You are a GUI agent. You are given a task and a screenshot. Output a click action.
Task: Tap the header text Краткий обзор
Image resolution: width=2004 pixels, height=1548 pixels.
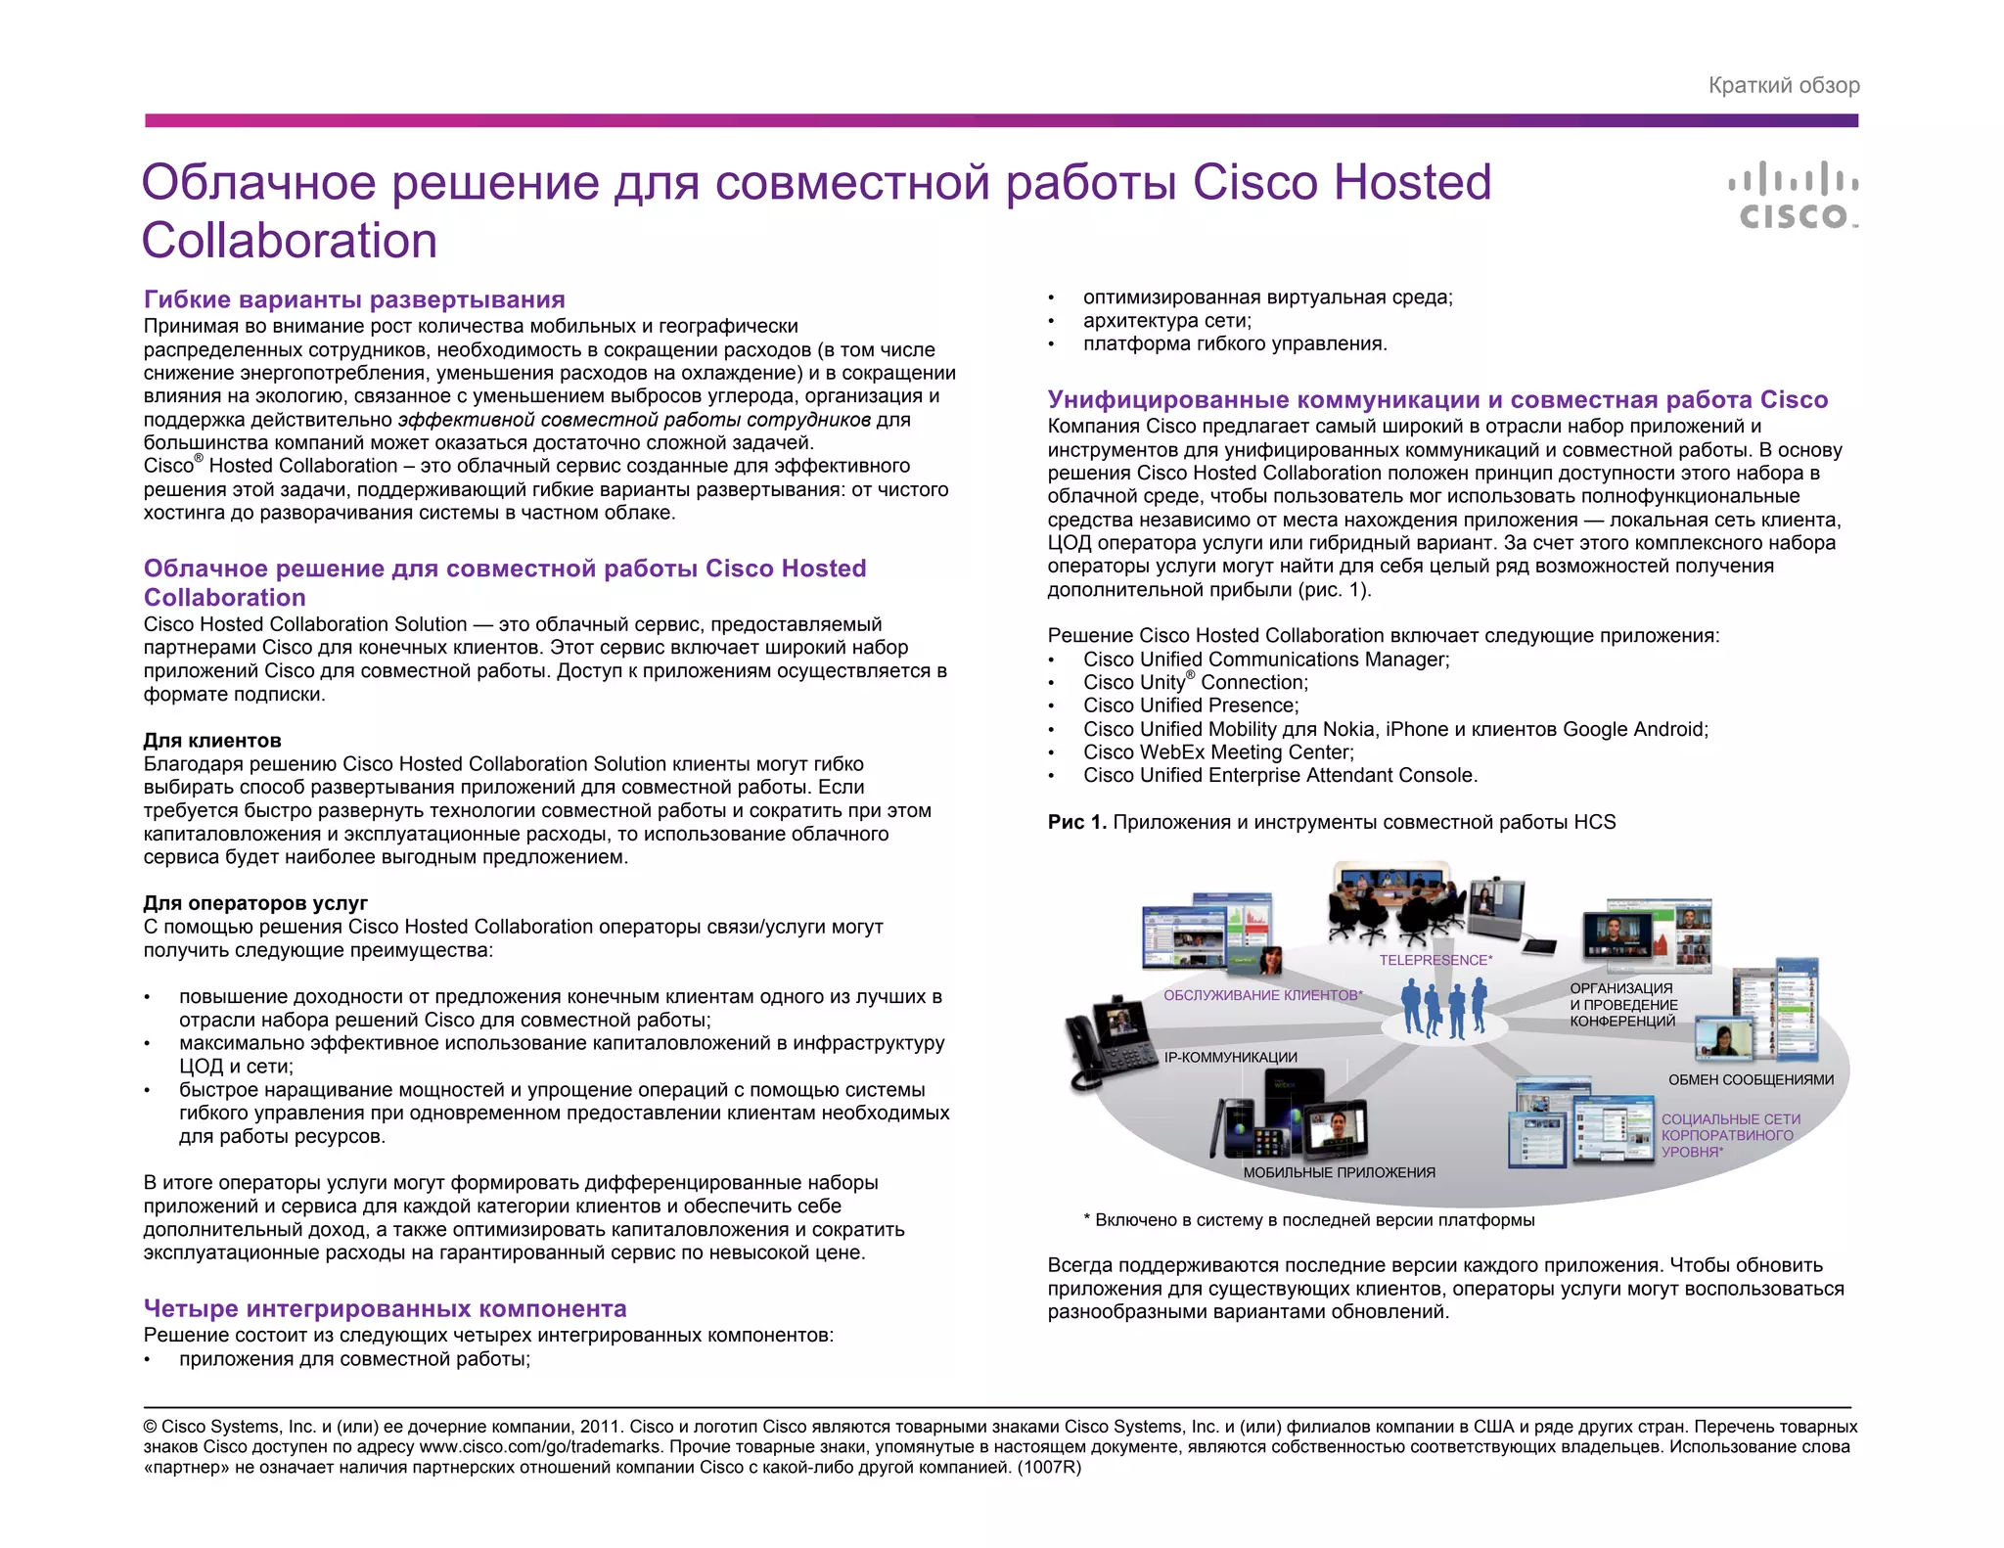(x=1784, y=86)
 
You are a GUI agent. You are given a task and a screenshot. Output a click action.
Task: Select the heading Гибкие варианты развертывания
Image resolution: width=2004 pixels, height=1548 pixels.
(x=354, y=299)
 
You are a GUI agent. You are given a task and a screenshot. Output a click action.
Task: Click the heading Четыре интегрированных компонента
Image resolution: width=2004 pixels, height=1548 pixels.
(x=385, y=1308)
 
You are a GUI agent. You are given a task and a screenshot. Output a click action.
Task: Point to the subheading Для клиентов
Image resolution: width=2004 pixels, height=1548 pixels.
(x=212, y=741)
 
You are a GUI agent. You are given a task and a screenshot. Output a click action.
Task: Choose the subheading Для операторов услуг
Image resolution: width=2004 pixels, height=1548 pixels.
(x=255, y=903)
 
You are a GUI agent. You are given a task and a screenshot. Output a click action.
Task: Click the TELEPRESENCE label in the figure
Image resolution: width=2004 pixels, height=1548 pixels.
(x=1435, y=960)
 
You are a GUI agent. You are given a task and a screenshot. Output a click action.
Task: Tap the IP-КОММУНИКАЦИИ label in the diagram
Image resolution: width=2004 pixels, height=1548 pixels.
(x=1230, y=1057)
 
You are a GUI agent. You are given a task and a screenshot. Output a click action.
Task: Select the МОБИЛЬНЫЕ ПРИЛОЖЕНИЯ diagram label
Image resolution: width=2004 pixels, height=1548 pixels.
(x=1339, y=1172)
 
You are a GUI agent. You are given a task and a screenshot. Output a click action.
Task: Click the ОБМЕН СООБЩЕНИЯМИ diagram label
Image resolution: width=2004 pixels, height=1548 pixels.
(x=1751, y=1079)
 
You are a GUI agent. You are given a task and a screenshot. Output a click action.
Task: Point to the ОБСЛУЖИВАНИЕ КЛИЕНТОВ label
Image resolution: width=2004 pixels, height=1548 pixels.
(x=1262, y=995)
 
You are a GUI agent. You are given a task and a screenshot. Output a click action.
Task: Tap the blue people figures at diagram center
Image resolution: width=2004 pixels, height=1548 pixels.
(x=1443, y=1009)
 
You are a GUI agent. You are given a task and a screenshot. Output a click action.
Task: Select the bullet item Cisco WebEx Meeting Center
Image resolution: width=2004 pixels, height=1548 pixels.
(x=1218, y=752)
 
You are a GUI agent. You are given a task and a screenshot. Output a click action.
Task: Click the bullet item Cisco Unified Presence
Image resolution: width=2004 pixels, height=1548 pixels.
(x=1191, y=706)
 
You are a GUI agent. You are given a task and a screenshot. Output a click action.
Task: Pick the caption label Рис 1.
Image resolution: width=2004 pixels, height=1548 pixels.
(x=1076, y=822)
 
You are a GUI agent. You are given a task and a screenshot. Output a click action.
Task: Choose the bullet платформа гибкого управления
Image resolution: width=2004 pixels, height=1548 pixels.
(x=1235, y=343)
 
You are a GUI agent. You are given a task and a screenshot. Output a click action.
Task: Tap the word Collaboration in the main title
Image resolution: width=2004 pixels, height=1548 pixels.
(x=290, y=241)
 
